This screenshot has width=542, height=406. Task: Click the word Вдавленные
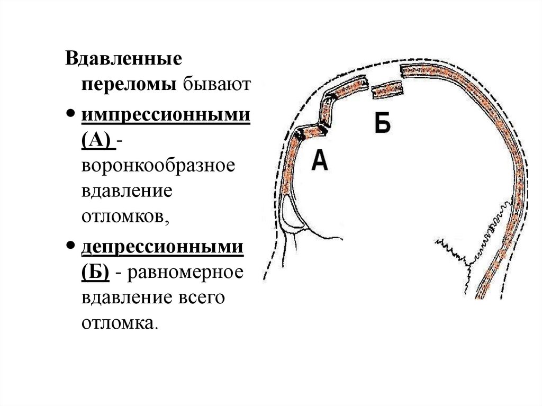(123, 58)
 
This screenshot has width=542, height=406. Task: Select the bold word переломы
(129, 84)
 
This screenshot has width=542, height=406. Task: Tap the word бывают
(215, 84)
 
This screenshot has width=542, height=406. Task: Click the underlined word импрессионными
(165, 114)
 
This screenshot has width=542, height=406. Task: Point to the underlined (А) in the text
(96, 141)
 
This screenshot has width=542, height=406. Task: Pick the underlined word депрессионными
(162, 247)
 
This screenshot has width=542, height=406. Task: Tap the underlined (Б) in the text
(96, 273)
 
